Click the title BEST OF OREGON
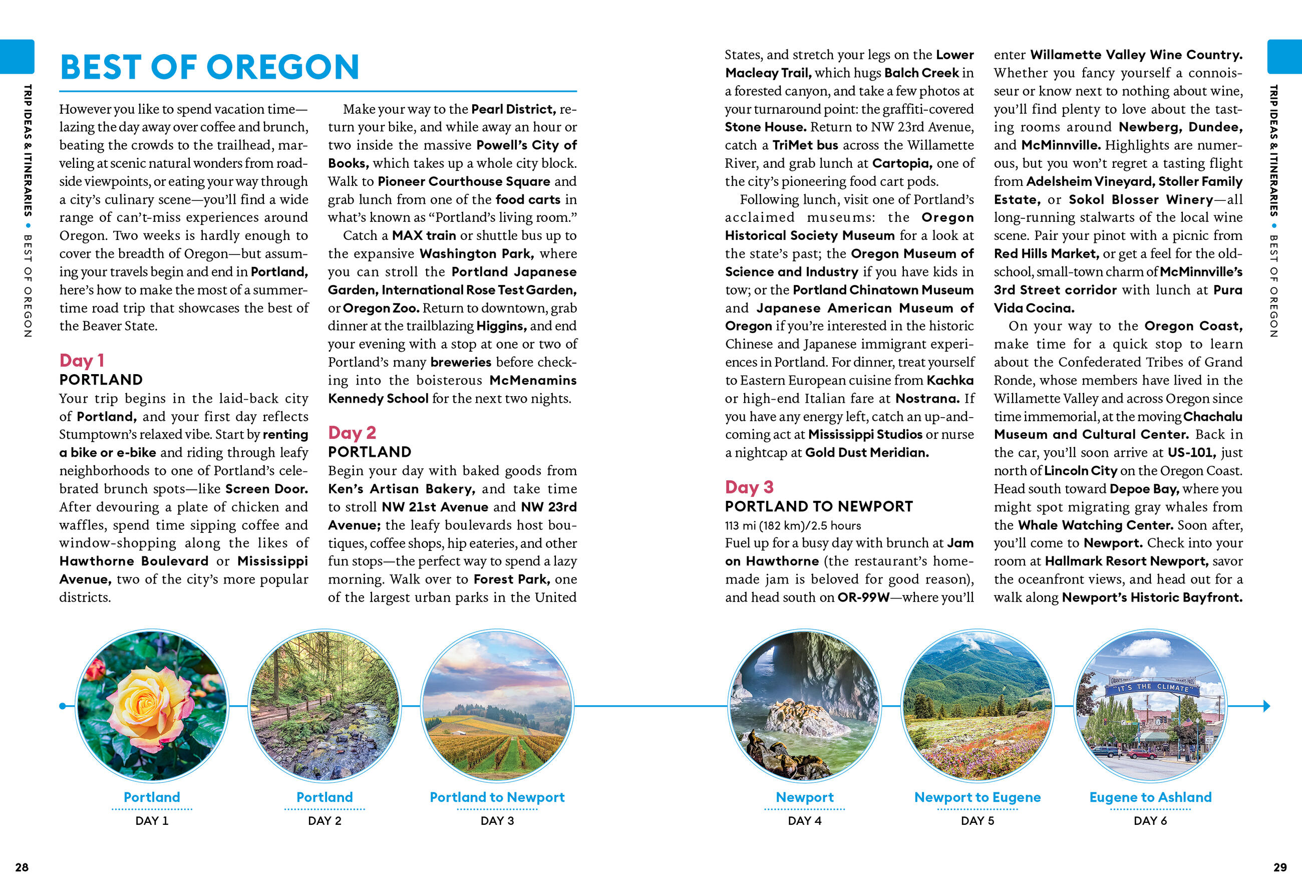[209, 67]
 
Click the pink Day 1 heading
[82, 360]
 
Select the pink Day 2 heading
[352, 433]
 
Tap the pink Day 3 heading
[749, 487]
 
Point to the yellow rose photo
[152, 705]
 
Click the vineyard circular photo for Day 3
[497, 705]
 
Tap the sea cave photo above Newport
[805, 705]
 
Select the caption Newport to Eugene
[977, 797]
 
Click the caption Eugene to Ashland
[1150, 797]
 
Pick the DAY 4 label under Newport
[805, 821]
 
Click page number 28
[22, 867]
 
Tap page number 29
[1279, 867]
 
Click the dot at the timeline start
[62, 706]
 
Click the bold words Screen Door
[266, 488]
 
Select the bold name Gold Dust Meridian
[867, 453]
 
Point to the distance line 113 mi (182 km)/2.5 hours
[792, 525]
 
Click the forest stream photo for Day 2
[324, 705]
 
